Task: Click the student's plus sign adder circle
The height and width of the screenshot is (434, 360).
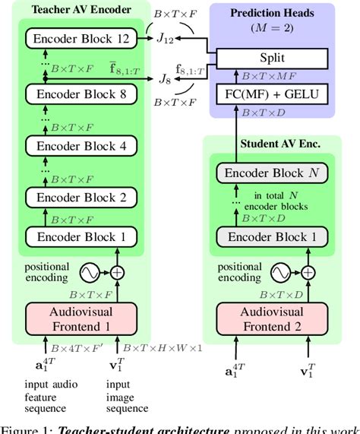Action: (308, 271)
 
